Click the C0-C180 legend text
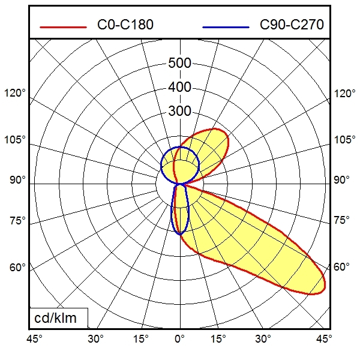(125, 25)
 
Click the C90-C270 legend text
(292, 25)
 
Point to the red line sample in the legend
(63, 27)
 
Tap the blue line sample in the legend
(226, 27)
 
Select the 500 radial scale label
(179, 64)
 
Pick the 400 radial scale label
(179, 88)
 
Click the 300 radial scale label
(179, 112)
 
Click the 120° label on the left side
(16, 94)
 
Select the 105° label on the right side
(344, 140)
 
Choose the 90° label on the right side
(341, 180)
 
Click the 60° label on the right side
(341, 267)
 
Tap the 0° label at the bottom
(179, 339)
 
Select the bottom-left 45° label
(34, 339)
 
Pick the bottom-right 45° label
(325, 339)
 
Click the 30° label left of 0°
(96, 339)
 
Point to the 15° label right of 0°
(219, 339)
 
